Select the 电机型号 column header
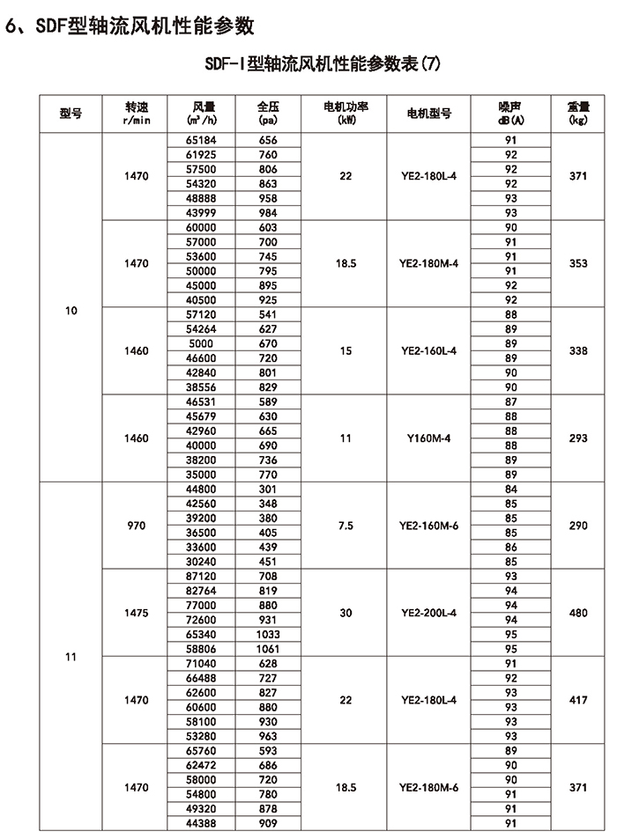pyautogui.click(x=429, y=113)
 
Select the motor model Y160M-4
pyautogui.click(x=429, y=438)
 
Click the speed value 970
pyautogui.click(x=138, y=526)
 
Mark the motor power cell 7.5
pyautogui.click(x=346, y=526)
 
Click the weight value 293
pyautogui.click(x=578, y=438)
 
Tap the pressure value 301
pyautogui.click(x=269, y=489)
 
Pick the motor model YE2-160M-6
pyautogui.click(x=429, y=526)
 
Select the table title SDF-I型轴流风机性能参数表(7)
pyautogui.click(x=321, y=63)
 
